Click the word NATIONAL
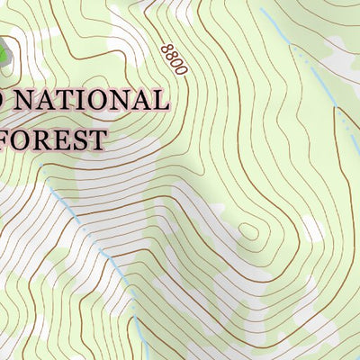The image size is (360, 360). [x=90, y=101]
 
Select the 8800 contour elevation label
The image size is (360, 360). [x=173, y=59]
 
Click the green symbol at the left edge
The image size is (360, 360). [x=4, y=54]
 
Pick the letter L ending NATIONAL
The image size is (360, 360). [x=158, y=101]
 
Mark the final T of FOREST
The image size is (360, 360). [x=98, y=139]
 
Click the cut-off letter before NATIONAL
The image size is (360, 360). [x=3, y=101]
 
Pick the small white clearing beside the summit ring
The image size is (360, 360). [x=310, y=229]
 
